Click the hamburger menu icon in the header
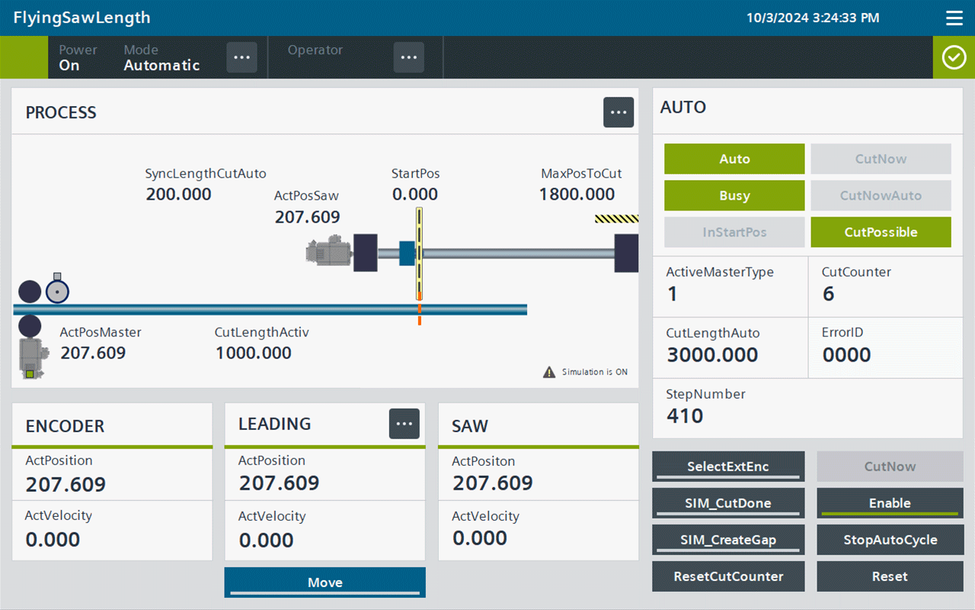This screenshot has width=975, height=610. pos(954,18)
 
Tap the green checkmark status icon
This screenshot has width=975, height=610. pos(954,57)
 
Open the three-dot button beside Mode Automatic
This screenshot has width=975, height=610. pos(241,57)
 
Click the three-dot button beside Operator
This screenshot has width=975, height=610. pos(409,57)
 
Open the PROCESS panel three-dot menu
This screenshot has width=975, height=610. pos(618,112)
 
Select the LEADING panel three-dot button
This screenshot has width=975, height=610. pos(404,423)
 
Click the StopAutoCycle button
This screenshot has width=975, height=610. pos(890,539)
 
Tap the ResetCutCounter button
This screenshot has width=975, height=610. pos(728,576)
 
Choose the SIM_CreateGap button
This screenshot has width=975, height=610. pos(728,539)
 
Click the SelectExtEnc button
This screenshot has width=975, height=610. pos(728,466)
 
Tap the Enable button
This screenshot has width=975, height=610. pos(890,502)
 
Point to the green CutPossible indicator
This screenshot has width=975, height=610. pos(881,233)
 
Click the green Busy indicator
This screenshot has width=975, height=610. pos(734,196)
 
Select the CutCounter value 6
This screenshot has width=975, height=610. pos(828,294)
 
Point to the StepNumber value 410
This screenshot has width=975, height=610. pos(685,416)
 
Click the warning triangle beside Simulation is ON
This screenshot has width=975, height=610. pos(549,372)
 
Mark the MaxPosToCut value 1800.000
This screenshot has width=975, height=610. pos(577,194)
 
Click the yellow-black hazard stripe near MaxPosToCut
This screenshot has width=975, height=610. pos(617,218)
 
